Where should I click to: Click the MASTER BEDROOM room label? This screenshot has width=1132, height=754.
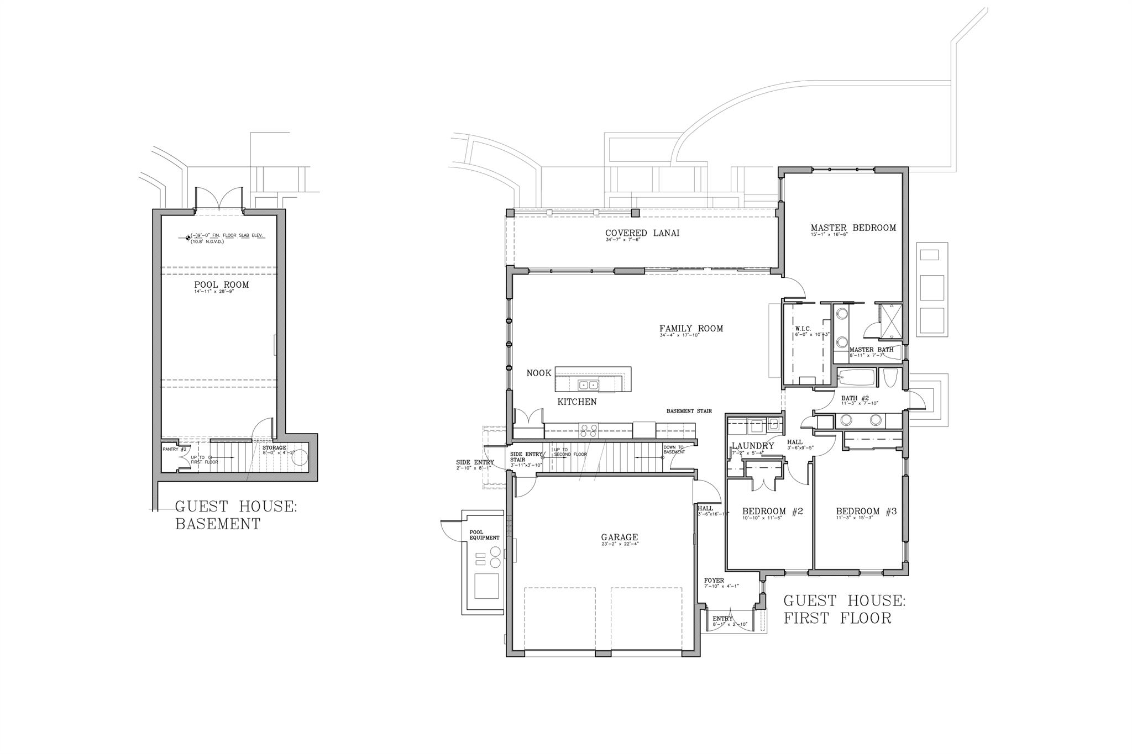pos(853,228)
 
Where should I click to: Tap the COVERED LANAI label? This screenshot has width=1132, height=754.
pos(642,233)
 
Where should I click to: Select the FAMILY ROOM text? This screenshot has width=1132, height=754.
pos(691,329)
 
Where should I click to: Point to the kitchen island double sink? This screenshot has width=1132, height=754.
pos(588,385)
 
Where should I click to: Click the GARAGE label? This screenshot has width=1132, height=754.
pos(619,537)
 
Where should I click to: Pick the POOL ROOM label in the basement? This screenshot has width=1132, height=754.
pos(221,285)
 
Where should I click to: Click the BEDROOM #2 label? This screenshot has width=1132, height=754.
pos(772,512)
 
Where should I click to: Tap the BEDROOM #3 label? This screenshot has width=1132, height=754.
pos(866,512)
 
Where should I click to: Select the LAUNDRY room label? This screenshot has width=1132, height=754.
pos(752,446)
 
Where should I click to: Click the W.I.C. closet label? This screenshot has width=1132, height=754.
pos(803,329)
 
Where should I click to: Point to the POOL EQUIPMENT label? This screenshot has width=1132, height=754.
pos(484,535)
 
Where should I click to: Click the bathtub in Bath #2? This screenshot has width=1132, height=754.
pos(857,378)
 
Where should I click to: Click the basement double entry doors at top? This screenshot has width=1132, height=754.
pos(220,199)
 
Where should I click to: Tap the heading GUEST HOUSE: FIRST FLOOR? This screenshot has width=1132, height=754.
pos(844,609)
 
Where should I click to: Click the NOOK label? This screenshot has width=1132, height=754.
pos(538,373)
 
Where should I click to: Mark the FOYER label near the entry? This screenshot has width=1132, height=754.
pos(714,581)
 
